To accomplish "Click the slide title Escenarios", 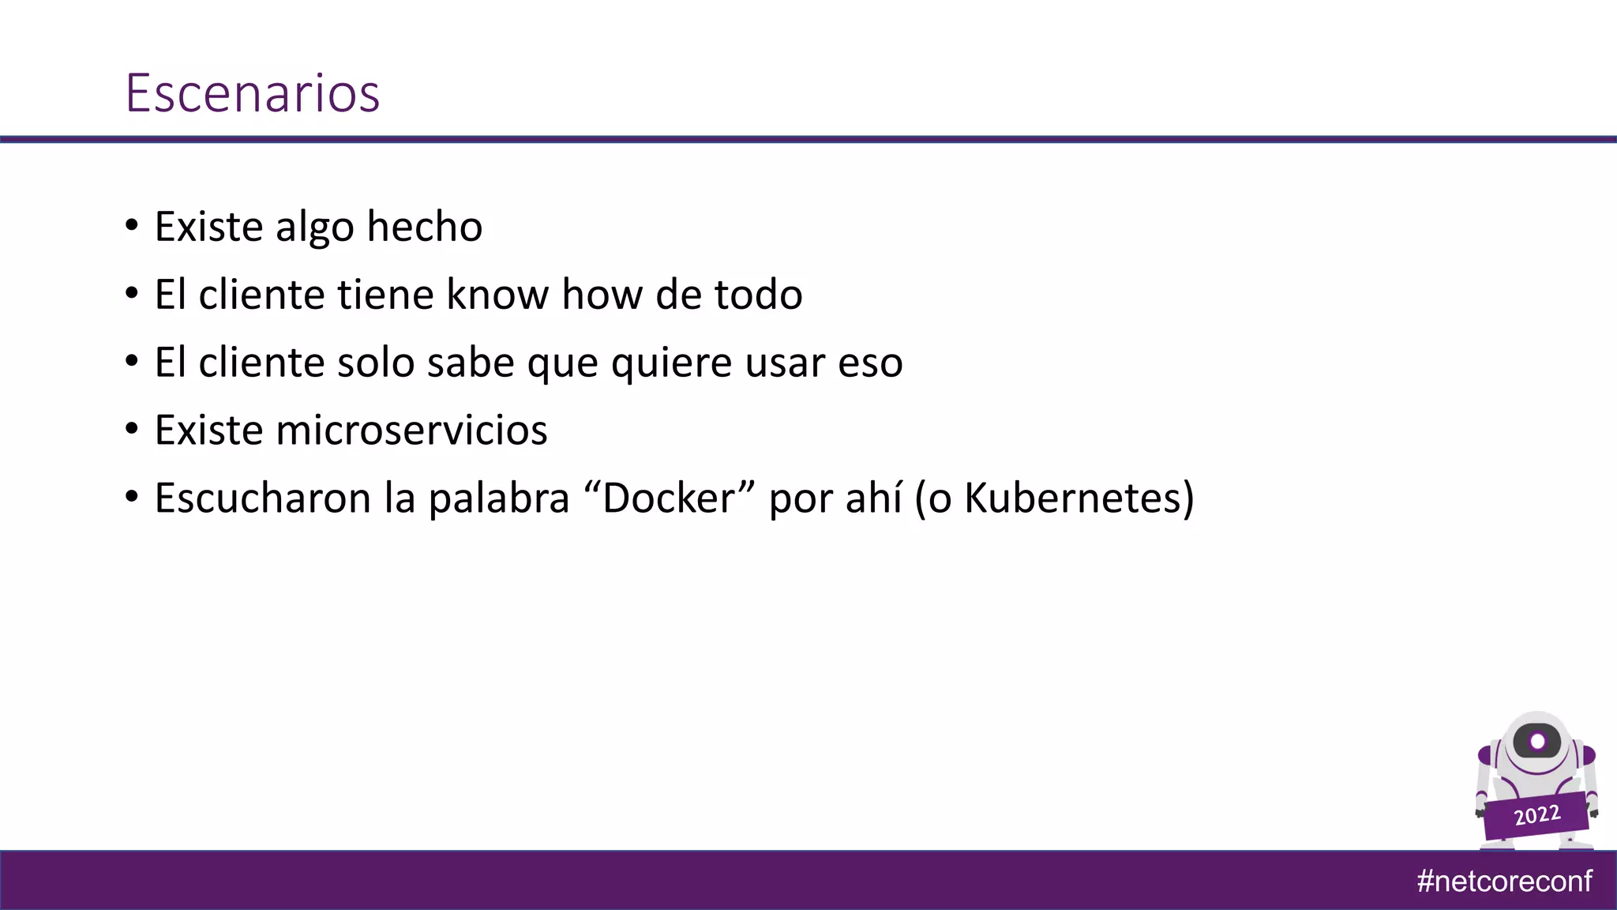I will pos(253,93).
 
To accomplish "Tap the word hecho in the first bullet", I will pos(424,227).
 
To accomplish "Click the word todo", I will pos(758,295).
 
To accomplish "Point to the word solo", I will pos(375,363).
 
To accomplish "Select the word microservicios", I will pos(411,431).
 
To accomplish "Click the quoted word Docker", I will pos(669,498).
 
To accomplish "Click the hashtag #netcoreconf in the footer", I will pos(1504,881).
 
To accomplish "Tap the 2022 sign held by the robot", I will pos(1536,814).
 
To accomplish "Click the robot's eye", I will pos(1537,742).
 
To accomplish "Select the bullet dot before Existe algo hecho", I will pos(132,227).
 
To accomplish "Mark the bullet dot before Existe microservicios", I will pos(132,431).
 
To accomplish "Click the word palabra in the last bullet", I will pos(499,498).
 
